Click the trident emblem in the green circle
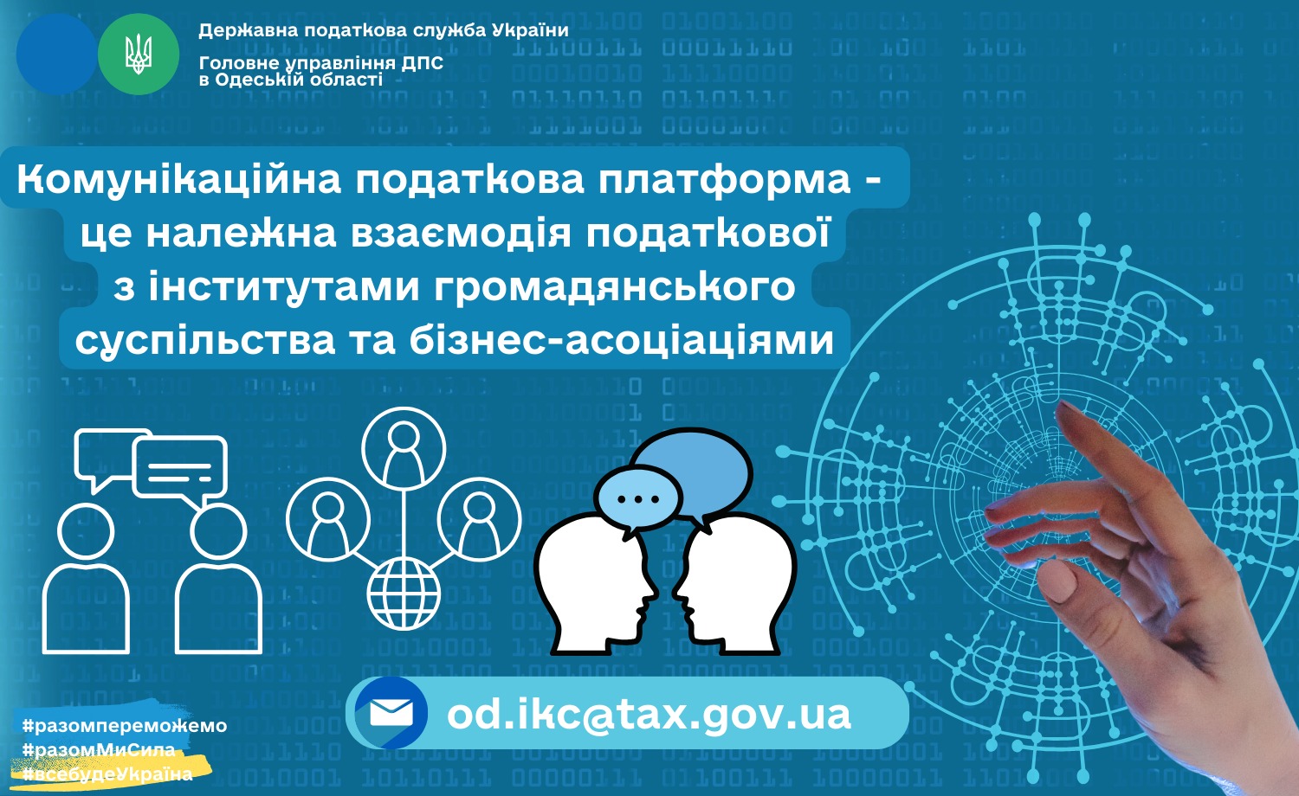click(139, 55)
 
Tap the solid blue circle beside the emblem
click(56, 55)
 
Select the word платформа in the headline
click(724, 180)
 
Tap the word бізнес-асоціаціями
click(622, 340)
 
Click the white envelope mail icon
click(391, 713)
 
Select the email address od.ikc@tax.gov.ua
click(649, 714)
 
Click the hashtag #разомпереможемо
click(125, 725)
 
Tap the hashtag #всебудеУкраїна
click(107, 774)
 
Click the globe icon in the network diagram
click(404, 594)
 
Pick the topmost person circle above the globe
click(404, 449)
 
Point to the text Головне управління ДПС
click(321, 63)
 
